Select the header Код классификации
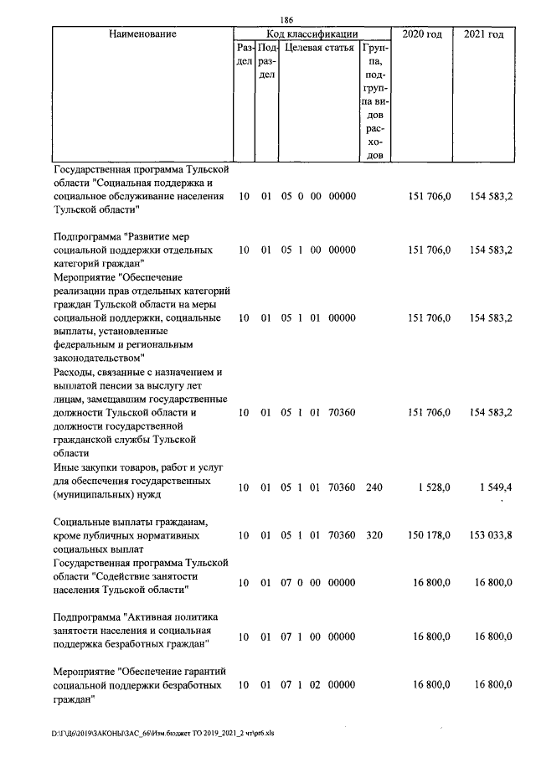pyautogui.click(x=312, y=34)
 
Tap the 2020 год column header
pyautogui.click(x=422, y=34)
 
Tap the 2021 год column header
pyautogui.click(x=483, y=34)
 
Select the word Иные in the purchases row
pyautogui.click(x=67, y=467)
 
